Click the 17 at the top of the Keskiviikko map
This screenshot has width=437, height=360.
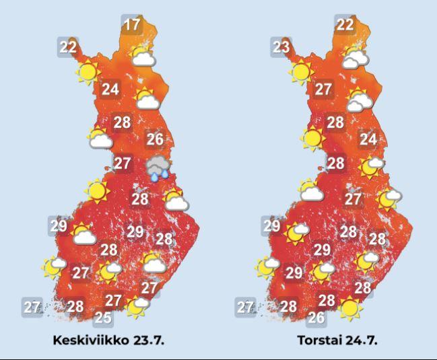(133, 26)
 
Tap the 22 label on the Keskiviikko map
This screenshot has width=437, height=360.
(68, 47)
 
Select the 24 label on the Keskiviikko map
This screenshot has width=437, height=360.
(110, 89)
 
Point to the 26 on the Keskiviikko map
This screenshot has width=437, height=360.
(155, 140)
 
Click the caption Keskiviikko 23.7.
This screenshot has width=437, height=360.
(108, 340)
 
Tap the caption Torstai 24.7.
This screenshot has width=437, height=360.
(337, 340)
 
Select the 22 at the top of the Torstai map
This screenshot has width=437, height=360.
(345, 26)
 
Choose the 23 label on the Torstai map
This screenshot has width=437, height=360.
(281, 47)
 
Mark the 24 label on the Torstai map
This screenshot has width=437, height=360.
(368, 140)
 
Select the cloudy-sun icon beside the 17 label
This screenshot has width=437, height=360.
(142, 55)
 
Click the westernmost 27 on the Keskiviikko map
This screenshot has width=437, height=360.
(31, 307)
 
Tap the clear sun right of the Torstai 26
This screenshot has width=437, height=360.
(349, 308)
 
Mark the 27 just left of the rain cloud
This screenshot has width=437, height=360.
(123, 164)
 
